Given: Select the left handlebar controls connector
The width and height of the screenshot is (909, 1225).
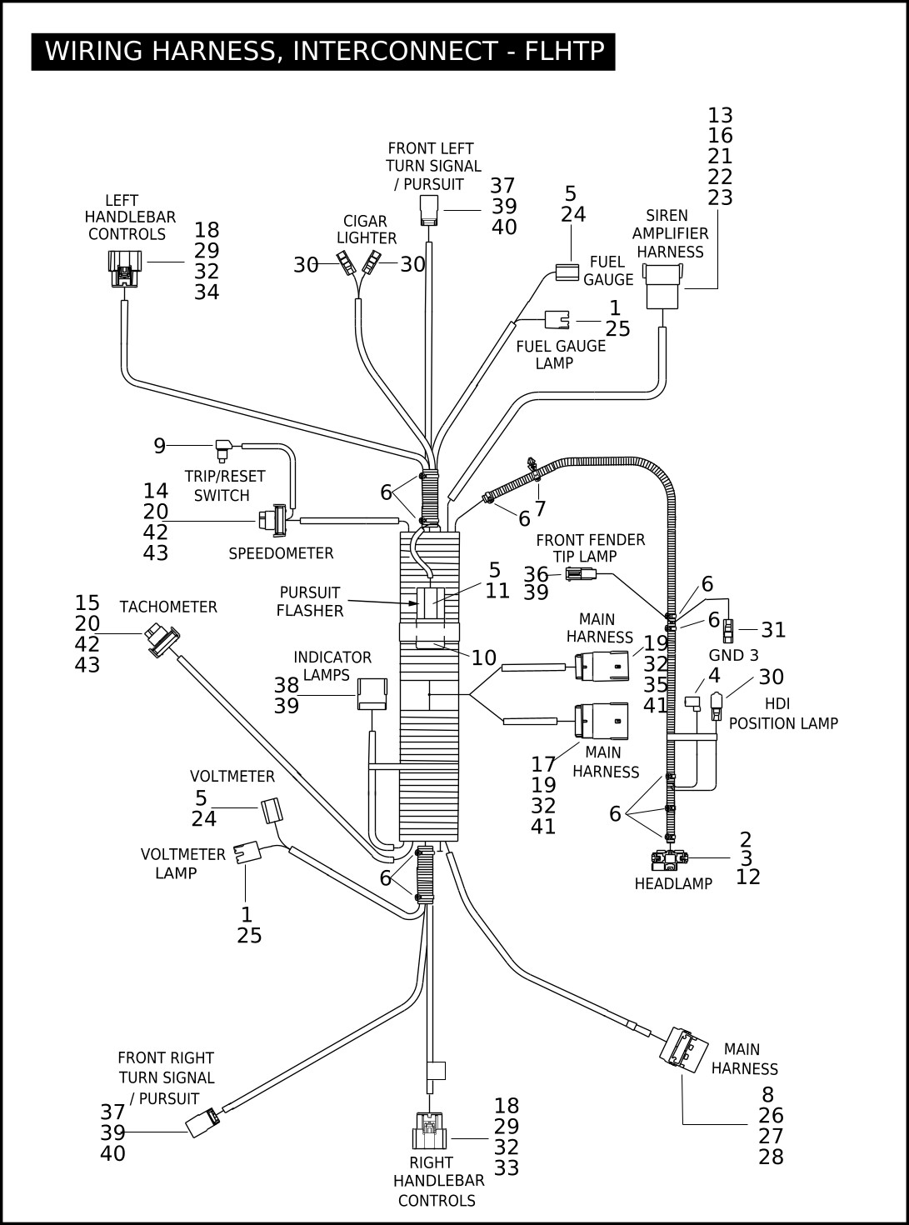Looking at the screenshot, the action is point(125,268).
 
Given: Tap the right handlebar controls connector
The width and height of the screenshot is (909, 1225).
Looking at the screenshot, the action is point(429,1131).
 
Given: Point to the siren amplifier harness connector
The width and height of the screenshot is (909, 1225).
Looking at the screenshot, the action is point(662,286).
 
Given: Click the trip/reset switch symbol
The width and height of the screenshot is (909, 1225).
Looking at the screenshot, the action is point(224,449).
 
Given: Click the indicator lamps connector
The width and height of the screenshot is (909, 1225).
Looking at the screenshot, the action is point(372,693).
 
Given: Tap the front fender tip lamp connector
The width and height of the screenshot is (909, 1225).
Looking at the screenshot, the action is point(581,574).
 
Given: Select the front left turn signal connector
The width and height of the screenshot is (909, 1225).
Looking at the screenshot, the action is point(429,210).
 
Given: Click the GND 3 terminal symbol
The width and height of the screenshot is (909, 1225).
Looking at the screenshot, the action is point(728,631).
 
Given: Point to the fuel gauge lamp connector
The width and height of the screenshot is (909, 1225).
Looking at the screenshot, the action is point(557,320).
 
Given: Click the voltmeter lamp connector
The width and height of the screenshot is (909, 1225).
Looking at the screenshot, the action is point(247,852).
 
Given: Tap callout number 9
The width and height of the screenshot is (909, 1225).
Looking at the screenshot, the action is point(160,445).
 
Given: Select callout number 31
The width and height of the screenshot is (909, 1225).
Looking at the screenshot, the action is point(773,630).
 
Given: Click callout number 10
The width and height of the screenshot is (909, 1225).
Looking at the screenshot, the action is point(484,657).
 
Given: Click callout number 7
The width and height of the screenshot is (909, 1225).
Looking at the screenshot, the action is point(540,508).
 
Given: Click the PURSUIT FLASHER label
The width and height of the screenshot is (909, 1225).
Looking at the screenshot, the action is point(310,602).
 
